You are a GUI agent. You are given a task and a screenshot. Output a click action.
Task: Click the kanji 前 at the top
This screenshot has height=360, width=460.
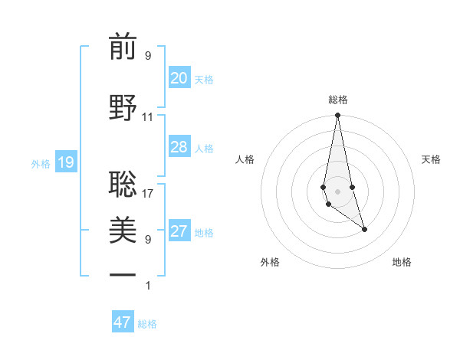point(123,47)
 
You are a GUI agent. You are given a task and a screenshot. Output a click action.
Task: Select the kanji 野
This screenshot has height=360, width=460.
point(123,105)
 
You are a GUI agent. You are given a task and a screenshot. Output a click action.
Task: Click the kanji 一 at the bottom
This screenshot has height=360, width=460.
point(123,273)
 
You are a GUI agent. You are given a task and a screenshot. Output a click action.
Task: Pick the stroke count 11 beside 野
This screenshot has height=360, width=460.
point(148,117)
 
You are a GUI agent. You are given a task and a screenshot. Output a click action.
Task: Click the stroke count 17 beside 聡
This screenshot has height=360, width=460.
point(148,194)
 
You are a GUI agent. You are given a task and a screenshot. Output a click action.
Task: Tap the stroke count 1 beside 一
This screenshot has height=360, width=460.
point(148,286)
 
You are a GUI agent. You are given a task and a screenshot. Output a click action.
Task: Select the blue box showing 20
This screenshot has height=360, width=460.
point(179,78)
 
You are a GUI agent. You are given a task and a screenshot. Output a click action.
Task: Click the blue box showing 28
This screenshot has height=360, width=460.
point(179,147)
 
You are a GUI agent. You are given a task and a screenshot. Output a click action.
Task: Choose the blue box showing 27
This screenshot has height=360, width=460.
point(179,231)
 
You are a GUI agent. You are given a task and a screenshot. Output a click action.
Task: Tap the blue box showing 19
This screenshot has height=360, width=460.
point(65,162)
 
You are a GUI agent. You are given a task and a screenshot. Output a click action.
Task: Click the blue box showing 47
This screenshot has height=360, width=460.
point(122,322)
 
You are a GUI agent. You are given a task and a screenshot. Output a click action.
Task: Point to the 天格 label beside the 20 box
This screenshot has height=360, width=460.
point(204,80)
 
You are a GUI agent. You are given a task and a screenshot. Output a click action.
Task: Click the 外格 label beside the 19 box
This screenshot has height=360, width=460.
point(41,163)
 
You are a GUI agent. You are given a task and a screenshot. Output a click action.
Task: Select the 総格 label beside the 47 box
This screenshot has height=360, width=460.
point(147,324)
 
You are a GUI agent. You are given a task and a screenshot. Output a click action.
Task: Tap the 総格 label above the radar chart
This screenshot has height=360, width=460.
point(338,100)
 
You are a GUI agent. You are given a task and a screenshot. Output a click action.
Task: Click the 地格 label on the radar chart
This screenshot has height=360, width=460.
point(402,262)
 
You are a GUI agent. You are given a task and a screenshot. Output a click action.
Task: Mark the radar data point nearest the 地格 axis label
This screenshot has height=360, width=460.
point(364,229)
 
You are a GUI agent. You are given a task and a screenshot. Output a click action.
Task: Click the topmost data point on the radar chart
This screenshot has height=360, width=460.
point(337,116)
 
